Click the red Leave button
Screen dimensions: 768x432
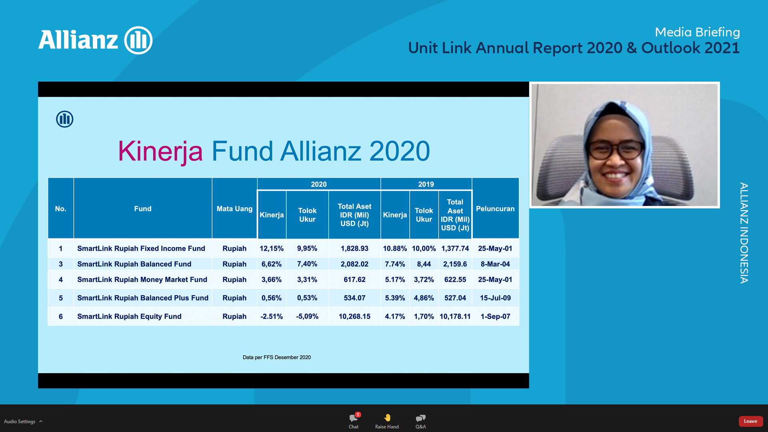click(750, 421)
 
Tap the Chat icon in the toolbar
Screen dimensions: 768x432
click(354, 418)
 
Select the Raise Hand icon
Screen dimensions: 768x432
click(387, 418)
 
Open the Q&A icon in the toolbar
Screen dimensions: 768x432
click(420, 418)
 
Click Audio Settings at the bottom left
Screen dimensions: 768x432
click(20, 422)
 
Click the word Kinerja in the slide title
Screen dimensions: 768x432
click(160, 151)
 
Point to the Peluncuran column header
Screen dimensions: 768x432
click(495, 209)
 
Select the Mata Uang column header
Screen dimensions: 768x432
click(234, 209)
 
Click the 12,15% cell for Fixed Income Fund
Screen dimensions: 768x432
click(272, 248)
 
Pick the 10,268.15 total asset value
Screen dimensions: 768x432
click(354, 316)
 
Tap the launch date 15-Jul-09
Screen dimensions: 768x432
click(495, 298)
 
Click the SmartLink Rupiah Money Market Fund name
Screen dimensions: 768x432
click(142, 280)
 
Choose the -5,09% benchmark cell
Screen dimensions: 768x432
click(307, 316)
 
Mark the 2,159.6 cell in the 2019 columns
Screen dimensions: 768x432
click(455, 264)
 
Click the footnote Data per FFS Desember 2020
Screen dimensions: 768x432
click(277, 357)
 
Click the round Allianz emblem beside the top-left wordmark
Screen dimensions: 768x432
click(138, 40)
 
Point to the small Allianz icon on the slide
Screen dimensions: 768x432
click(64, 119)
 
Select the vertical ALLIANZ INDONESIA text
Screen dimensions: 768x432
click(744, 233)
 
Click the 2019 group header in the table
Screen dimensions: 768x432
click(426, 184)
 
